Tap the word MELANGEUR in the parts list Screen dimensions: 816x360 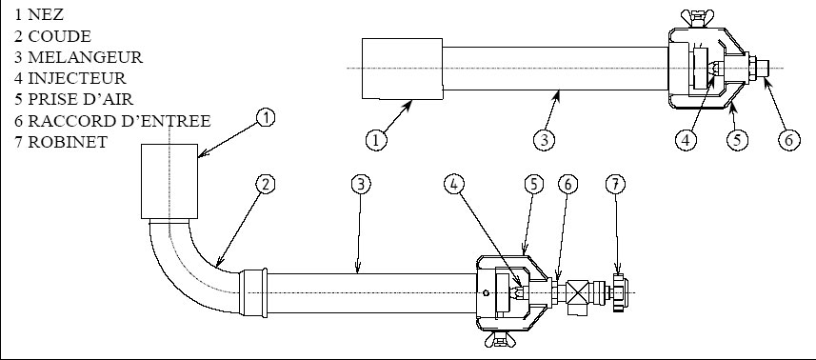point(85,57)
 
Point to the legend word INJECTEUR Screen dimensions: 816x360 point(76,78)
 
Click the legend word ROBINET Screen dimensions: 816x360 point(68,142)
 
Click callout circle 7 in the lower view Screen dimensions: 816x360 point(616,184)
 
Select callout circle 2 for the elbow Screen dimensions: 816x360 point(266,184)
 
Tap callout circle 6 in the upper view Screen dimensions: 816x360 point(789,140)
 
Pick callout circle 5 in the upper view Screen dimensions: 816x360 point(737,140)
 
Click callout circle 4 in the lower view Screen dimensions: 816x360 point(454,184)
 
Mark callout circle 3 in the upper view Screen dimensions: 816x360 point(544,140)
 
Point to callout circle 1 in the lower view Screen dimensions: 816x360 point(266,118)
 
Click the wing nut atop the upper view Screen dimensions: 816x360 point(698,18)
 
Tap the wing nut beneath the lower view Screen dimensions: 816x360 point(500,340)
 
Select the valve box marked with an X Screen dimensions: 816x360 point(577,291)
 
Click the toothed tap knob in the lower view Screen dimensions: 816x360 point(619,292)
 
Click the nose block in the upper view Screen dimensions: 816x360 point(402,69)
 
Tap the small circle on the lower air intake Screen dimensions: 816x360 point(486,293)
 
